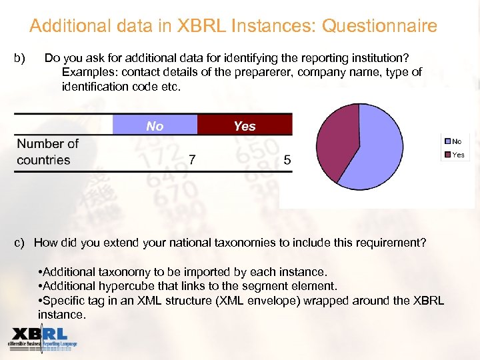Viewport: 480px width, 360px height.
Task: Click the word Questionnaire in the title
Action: (x=379, y=26)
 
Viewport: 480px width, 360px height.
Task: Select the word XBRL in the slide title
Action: (x=202, y=26)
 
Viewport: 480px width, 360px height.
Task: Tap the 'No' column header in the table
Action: (x=155, y=126)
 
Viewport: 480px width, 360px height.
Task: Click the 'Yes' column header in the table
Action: (x=245, y=126)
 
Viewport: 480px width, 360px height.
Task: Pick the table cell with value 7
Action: (x=192, y=160)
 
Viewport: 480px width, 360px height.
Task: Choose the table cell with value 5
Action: (x=287, y=160)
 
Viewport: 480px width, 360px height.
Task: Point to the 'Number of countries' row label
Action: (x=47, y=152)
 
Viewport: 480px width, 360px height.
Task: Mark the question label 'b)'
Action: (x=19, y=57)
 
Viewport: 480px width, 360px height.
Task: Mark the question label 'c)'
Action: (x=19, y=243)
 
